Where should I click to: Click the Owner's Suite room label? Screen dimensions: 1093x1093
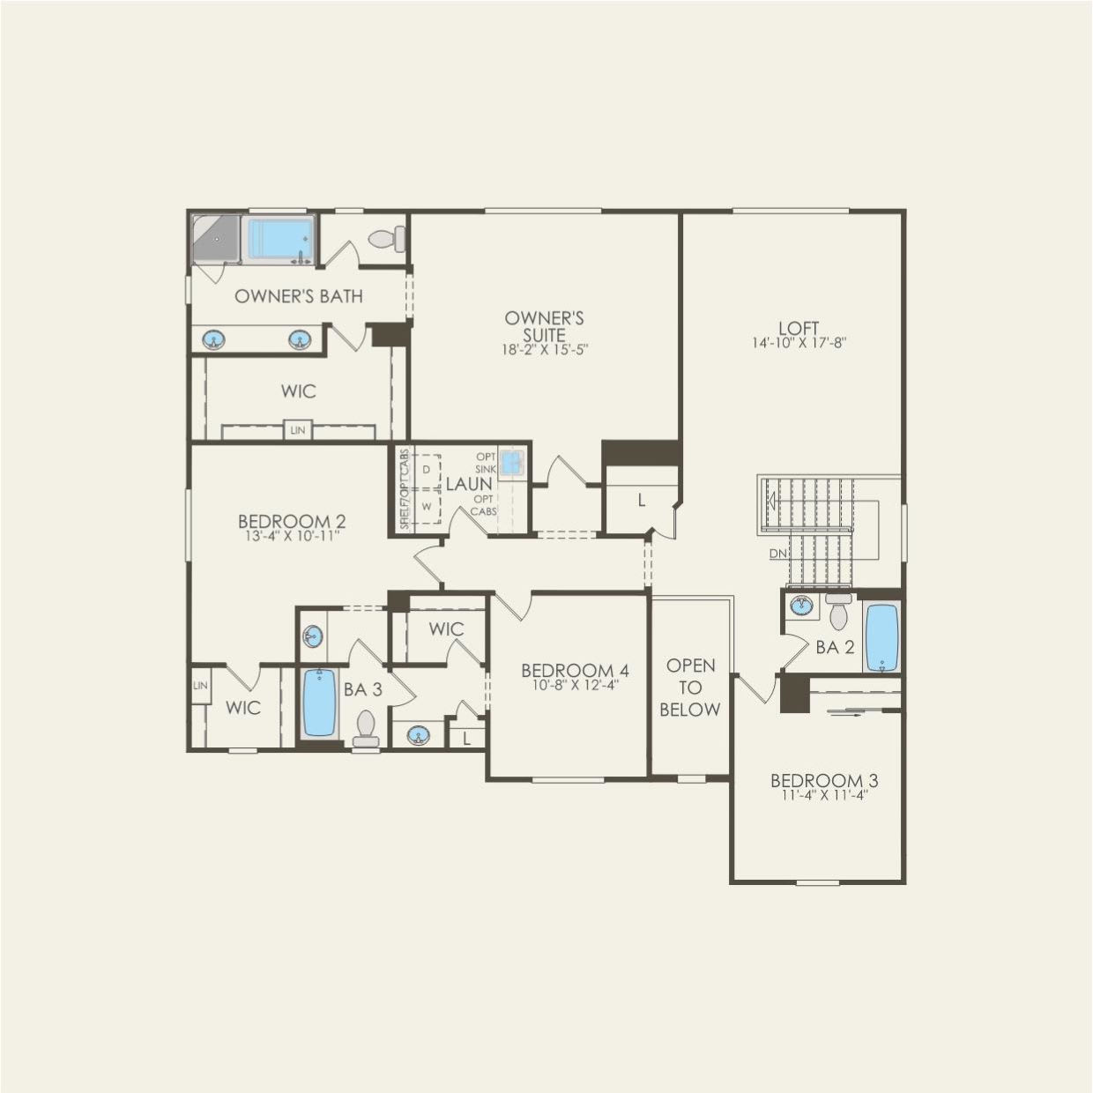pos(545,326)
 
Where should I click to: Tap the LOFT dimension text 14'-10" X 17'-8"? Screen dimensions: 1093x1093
pos(799,344)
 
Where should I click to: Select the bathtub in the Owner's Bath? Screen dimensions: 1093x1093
pos(280,238)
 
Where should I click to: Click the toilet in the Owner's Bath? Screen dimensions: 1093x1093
pos(388,239)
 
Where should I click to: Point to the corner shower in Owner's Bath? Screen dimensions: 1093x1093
pos(215,238)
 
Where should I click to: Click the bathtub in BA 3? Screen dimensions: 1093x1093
pos(319,703)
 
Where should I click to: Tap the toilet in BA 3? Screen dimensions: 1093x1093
pos(365,728)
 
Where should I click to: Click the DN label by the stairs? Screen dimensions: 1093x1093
pos(777,554)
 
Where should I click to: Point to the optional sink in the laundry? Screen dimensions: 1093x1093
pos(511,461)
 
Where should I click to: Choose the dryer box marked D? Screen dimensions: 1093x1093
pos(426,470)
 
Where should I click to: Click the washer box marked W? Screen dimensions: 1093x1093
pos(426,507)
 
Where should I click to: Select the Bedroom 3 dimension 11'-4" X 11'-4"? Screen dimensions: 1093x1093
pos(824,796)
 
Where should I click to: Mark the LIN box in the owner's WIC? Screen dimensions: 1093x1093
pos(297,430)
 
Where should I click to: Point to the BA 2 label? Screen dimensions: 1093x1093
pos(835,648)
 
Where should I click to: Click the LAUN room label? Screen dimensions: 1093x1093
pos(469,484)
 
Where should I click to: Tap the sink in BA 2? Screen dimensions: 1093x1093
pos(801,606)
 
